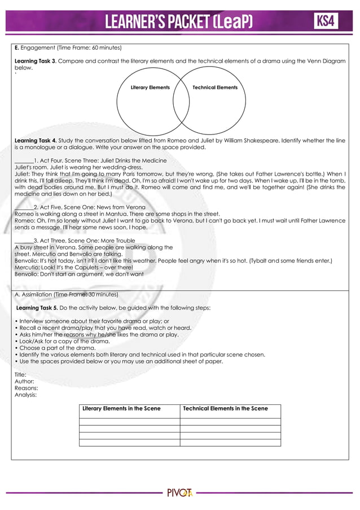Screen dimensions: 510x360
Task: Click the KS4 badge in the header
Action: tap(326, 21)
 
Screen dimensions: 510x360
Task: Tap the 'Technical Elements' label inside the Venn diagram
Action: tap(215, 88)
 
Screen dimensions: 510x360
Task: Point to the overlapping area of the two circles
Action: tap(181, 99)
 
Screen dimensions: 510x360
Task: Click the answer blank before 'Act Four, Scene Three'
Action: tap(24, 161)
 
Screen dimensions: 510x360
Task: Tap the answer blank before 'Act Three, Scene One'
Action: tap(24, 241)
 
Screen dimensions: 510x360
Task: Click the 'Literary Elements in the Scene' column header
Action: tap(121, 408)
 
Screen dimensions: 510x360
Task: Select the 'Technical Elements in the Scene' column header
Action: tap(225, 408)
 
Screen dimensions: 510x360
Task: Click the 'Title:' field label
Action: tap(20, 375)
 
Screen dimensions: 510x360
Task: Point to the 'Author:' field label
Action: tap(23, 382)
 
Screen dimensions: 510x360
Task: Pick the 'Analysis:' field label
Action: tap(25, 395)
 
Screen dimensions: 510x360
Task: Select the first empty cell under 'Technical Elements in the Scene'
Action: tap(230, 421)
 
